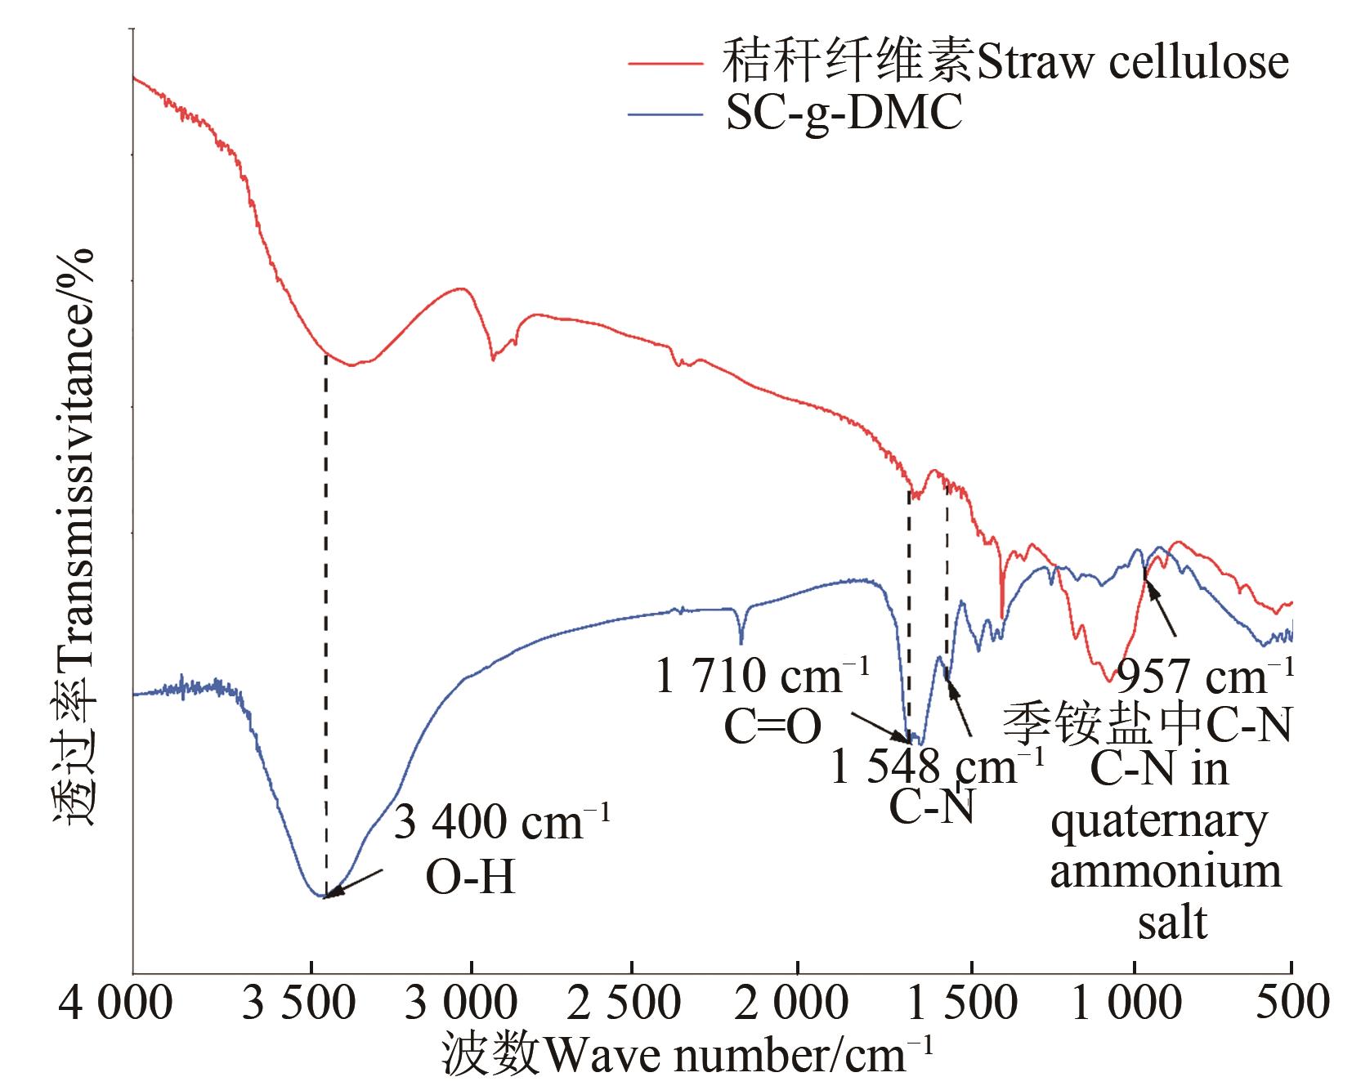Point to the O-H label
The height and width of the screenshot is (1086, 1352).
(x=472, y=878)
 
